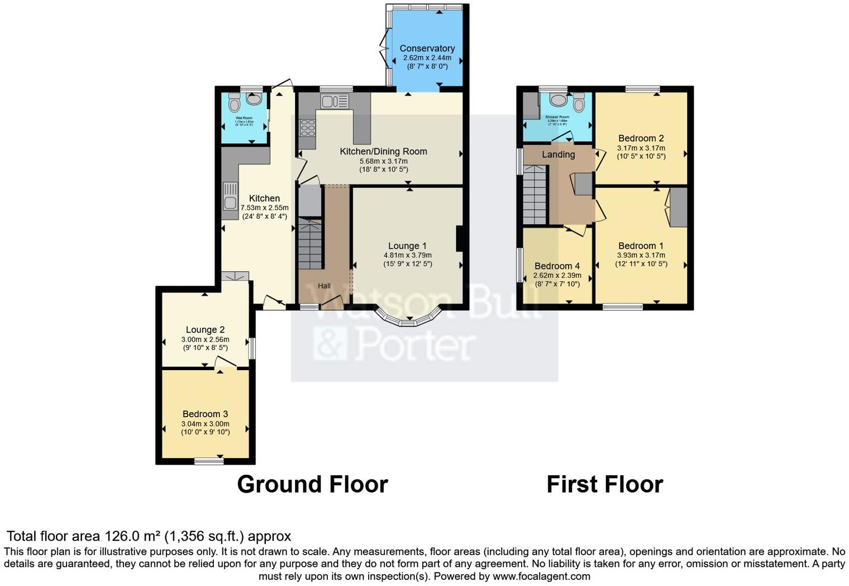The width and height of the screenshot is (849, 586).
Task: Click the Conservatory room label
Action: coord(427,49)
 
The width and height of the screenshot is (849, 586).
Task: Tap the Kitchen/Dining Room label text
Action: coord(383,152)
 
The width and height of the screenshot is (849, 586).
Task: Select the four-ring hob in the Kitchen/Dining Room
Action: coord(308,128)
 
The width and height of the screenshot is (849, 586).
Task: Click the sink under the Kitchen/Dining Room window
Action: coord(334,101)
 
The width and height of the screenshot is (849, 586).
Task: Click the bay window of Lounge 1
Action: coord(409,318)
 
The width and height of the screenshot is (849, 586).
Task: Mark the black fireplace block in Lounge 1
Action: coord(459,238)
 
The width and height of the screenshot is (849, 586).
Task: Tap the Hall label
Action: coord(324,286)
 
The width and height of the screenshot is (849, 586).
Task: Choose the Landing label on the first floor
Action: coord(558,155)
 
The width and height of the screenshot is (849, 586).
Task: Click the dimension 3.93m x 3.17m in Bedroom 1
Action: coord(641,256)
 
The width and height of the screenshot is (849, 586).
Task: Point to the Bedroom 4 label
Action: coord(557,266)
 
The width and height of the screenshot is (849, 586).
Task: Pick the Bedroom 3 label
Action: coord(205,414)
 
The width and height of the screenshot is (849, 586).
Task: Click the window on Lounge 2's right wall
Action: coord(252,348)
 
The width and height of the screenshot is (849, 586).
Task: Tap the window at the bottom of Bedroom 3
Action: coord(209,461)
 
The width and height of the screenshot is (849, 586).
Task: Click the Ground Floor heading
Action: coord(312,484)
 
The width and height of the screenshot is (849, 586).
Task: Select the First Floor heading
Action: coord(604,484)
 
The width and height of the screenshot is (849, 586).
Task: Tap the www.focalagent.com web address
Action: coord(541,576)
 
